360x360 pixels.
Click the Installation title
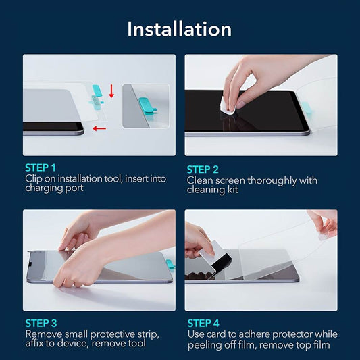click(x=180, y=29)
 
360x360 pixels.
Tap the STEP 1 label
click(x=41, y=168)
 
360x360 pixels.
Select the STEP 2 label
click(x=203, y=170)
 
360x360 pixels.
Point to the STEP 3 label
click(x=41, y=323)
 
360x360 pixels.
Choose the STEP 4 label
click(x=203, y=323)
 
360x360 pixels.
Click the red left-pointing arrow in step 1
click(x=100, y=127)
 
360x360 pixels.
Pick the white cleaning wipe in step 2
click(x=228, y=104)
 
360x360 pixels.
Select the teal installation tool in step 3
click(x=170, y=264)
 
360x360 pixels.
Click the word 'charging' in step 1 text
click(x=45, y=188)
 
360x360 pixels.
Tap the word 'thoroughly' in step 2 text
click(x=272, y=180)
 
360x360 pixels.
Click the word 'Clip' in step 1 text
click(x=34, y=178)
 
